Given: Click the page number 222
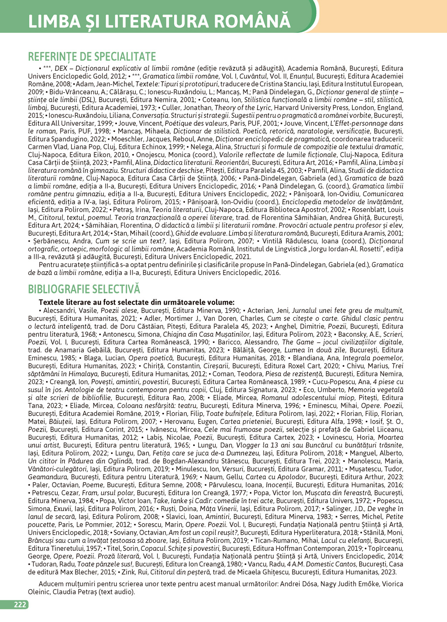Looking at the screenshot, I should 20,605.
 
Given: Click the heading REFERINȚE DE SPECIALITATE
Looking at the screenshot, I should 92,57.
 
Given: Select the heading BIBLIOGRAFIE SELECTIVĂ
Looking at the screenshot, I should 84,289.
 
